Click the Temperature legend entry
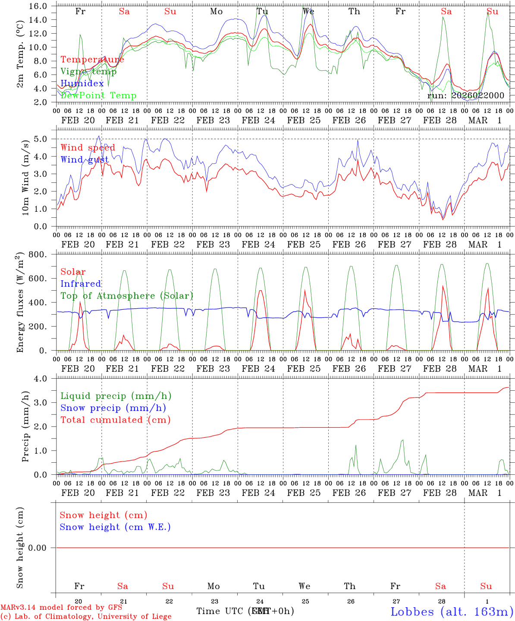pyautogui.click(x=92, y=60)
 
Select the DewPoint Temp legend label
pyautogui.click(x=98, y=95)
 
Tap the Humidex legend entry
pyautogui.click(x=82, y=83)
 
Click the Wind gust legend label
pyautogui.click(x=85, y=160)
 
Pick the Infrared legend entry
pyautogui.click(x=81, y=284)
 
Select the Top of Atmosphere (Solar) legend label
pyautogui.click(x=126, y=296)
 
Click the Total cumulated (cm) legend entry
pyautogui.click(x=115, y=420)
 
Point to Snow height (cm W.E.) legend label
pyautogui.click(x=115, y=527)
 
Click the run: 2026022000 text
pyautogui.click(x=465, y=95)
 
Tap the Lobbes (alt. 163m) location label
pyautogui.click(x=452, y=612)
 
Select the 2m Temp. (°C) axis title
pyautogui.click(x=20, y=53)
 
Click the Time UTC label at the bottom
pyautogui.click(x=220, y=611)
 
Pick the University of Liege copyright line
pyautogui.click(x=86, y=616)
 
